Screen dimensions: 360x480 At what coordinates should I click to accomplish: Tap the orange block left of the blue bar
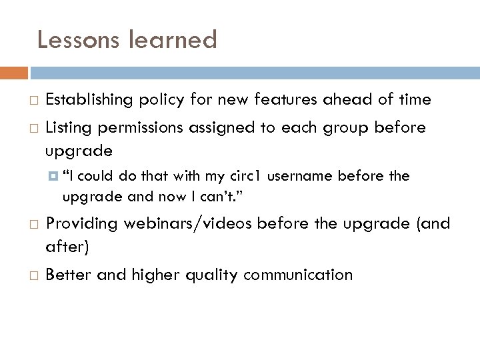point(14,72)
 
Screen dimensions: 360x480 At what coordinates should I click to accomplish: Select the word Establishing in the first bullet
point(91,100)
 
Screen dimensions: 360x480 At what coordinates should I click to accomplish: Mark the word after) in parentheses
point(67,247)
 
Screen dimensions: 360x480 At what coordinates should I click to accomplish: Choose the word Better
point(69,274)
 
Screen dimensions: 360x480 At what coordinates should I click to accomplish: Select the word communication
point(297,274)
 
